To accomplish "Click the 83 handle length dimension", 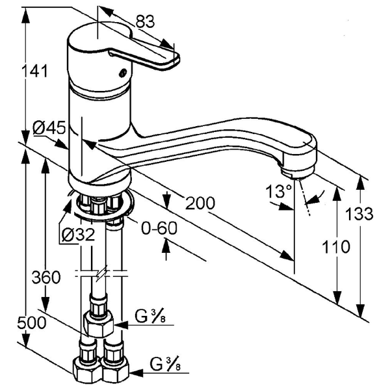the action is click(145, 21).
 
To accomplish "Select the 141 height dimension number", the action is click(34, 71).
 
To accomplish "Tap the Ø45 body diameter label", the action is click(49, 128).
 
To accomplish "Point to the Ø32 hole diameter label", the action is click(79, 235).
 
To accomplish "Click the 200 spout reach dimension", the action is click(200, 203).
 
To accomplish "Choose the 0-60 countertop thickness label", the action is click(159, 228).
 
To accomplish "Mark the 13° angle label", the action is click(278, 191).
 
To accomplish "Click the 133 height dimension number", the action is click(360, 214).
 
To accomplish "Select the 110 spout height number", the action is click(336, 247).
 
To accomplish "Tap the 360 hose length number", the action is click(46, 277).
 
